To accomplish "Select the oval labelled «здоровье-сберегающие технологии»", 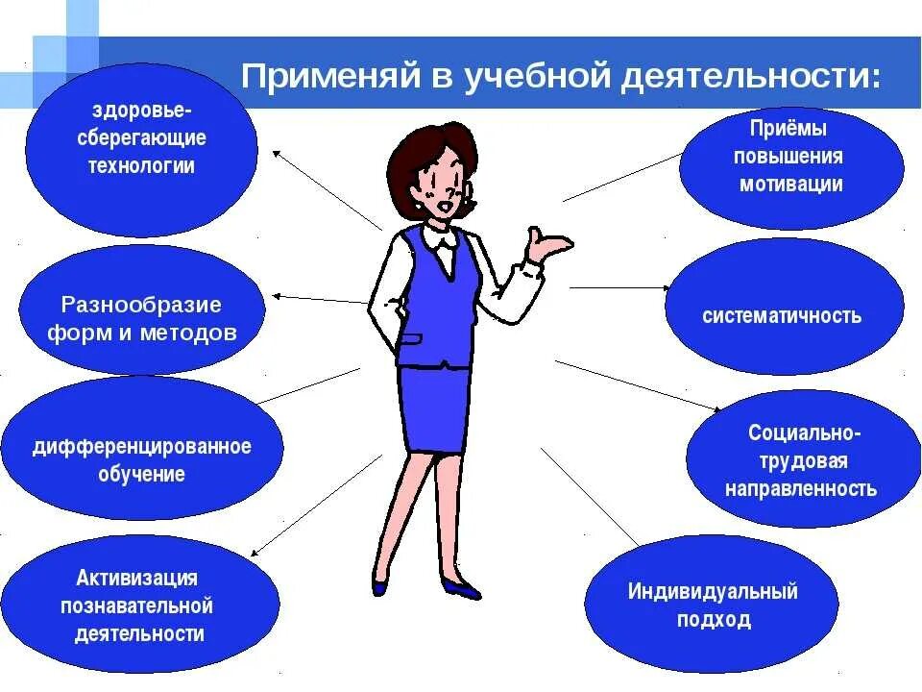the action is click(x=141, y=149).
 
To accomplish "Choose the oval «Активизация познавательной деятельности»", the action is click(x=141, y=605).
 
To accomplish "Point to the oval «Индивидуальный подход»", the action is click(x=713, y=605).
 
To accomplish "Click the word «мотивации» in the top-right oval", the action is click(x=791, y=184).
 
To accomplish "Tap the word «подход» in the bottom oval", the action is click(x=713, y=620).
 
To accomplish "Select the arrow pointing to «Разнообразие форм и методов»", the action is click(x=317, y=299).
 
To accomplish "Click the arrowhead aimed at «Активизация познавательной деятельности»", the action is click(x=256, y=553).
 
